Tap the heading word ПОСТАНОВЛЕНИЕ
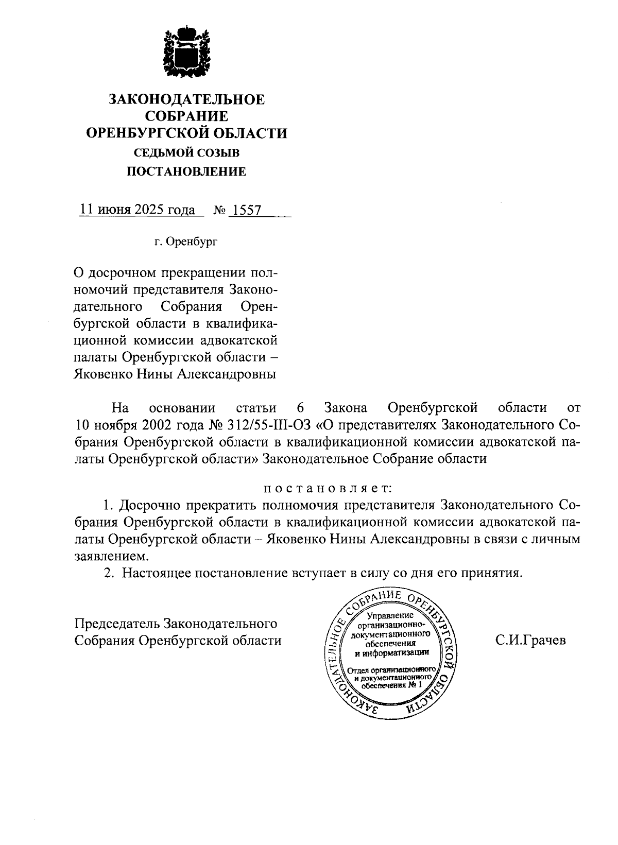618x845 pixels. pos(186,171)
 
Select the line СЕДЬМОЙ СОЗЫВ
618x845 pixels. pos(186,152)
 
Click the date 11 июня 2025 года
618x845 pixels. pos(137,210)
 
